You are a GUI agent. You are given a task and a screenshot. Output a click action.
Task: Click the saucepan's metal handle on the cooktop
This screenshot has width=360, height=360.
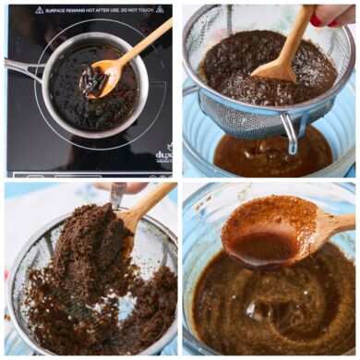pyautogui.click(x=20, y=67)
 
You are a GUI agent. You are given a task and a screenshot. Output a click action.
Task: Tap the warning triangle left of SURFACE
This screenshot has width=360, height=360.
pyautogui.click(x=38, y=9)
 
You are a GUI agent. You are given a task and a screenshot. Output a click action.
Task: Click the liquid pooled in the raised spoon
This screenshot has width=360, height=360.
pyautogui.click(x=263, y=247)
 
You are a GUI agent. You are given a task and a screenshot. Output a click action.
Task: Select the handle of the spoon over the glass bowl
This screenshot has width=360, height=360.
pyautogui.click(x=330, y=223)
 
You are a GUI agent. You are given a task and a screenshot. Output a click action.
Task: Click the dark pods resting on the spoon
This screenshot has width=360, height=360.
pyautogui.click(x=92, y=81)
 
